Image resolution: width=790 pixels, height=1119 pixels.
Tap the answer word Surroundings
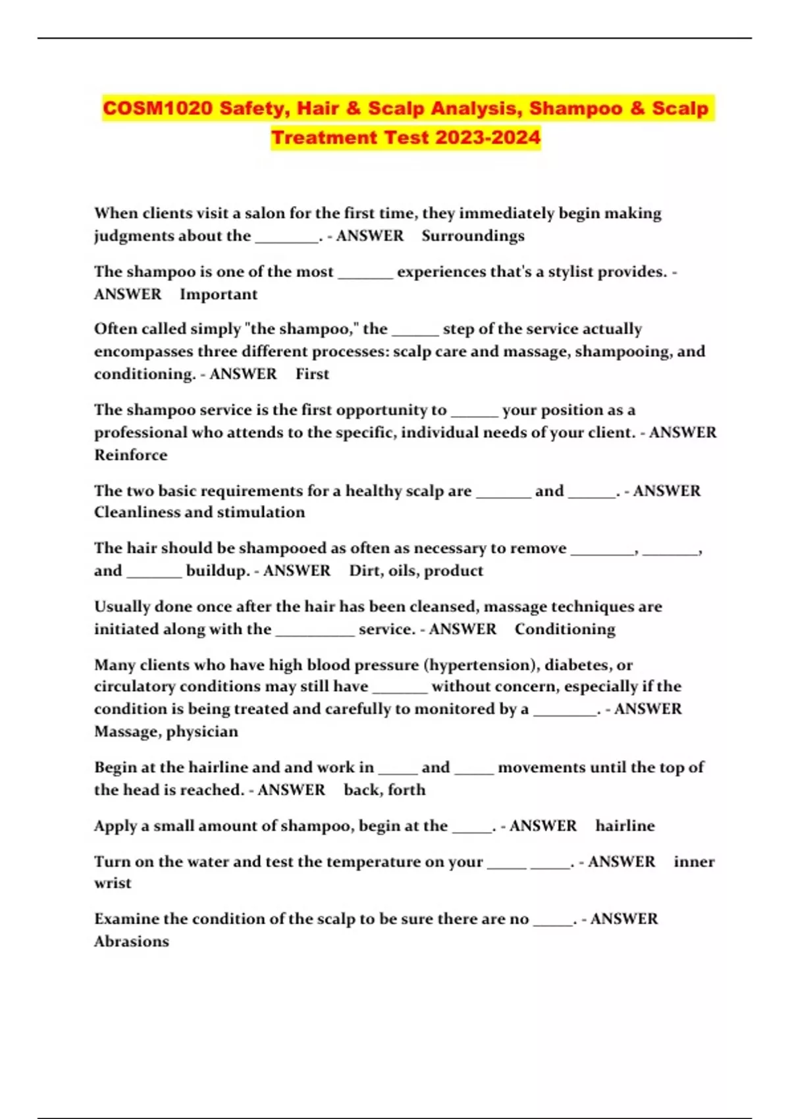click(473, 236)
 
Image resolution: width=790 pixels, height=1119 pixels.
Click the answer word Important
click(219, 294)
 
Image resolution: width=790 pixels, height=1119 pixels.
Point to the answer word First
click(312, 374)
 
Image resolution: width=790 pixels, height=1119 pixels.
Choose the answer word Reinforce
click(130, 455)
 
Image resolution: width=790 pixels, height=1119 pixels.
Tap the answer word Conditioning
click(565, 629)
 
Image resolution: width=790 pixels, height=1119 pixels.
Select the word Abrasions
click(131, 941)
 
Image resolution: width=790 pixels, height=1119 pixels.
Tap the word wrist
click(113, 883)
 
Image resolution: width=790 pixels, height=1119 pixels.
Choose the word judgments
click(138, 236)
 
